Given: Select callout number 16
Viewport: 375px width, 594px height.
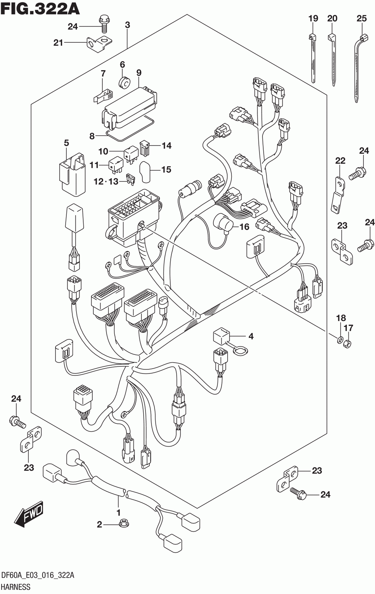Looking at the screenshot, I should [x=244, y=226].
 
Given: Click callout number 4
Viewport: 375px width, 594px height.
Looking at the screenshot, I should [x=251, y=336].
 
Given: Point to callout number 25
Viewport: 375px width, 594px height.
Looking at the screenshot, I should [x=361, y=18].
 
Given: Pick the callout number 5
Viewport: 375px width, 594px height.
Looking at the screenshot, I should [x=66, y=143].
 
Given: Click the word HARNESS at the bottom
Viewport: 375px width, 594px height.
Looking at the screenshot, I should [x=16, y=587].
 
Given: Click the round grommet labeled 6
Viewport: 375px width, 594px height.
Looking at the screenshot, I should [x=124, y=81].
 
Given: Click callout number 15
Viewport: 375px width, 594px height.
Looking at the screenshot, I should [x=166, y=170].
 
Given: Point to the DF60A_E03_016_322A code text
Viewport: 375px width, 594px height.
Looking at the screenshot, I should [x=38, y=576].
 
